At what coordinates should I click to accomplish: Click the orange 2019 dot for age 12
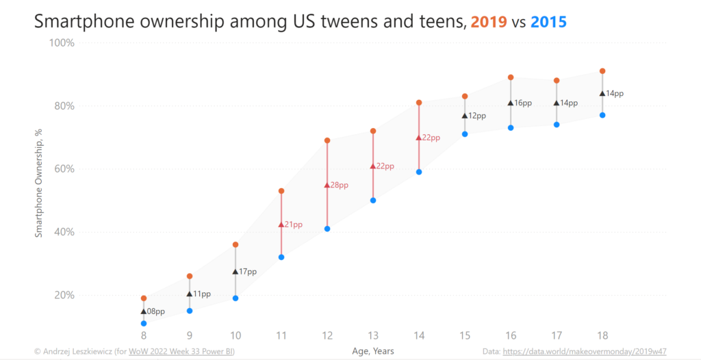click(x=327, y=140)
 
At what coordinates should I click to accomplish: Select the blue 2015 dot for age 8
click(x=144, y=323)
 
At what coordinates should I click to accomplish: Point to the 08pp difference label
click(x=156, y=311)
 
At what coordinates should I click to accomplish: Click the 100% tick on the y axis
click(x=61, y=42)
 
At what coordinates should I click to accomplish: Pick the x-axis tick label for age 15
click(x=465, y=335)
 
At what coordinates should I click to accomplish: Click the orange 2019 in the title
click(x=488, y=22)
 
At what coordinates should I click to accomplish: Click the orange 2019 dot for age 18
click(x=602, y=71)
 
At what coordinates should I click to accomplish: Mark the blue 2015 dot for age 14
click(x=419, y=172)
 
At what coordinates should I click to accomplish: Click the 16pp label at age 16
click(x=523, y=103)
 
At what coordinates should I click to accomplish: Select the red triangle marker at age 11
click(x=281, y=224)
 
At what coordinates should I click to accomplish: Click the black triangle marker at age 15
click(x=465, y=116)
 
